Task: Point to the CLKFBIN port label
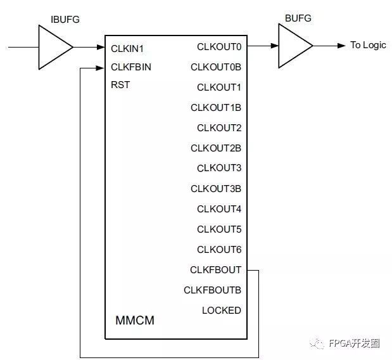point(131,67)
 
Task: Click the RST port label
point(120,85)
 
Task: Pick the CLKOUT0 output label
point(219,46)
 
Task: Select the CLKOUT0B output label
point(216,67)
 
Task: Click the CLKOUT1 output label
point(219,87)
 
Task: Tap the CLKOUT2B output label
point(216,148)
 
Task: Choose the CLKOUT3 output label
point(219,169)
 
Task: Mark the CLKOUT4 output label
point(219,209)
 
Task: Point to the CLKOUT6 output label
point(219,250)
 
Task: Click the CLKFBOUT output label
point(216,270)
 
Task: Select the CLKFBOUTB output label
point(213,290)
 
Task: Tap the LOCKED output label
point(222,311)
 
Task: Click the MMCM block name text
point(135,321)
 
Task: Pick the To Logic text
point(368,46)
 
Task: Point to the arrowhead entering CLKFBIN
point(101,67)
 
